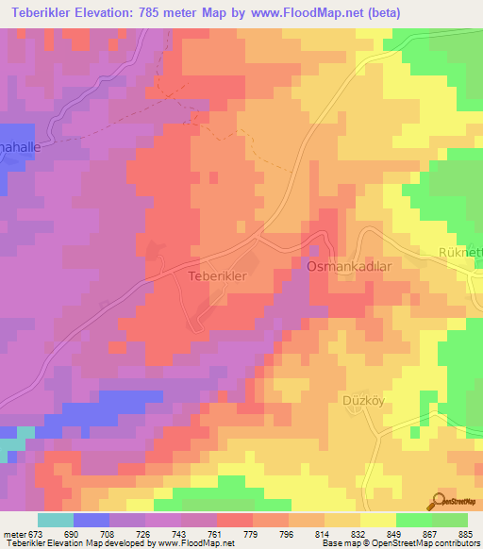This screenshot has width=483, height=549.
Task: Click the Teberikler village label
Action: (x=218, y=276)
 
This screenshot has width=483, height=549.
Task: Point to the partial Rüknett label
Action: (x=460, y=252)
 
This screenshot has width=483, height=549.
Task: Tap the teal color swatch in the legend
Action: (x=56, y=520)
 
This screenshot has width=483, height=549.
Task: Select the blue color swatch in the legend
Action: (x=92, y=520)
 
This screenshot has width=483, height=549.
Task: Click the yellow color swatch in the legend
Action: (x=377, y=520)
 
